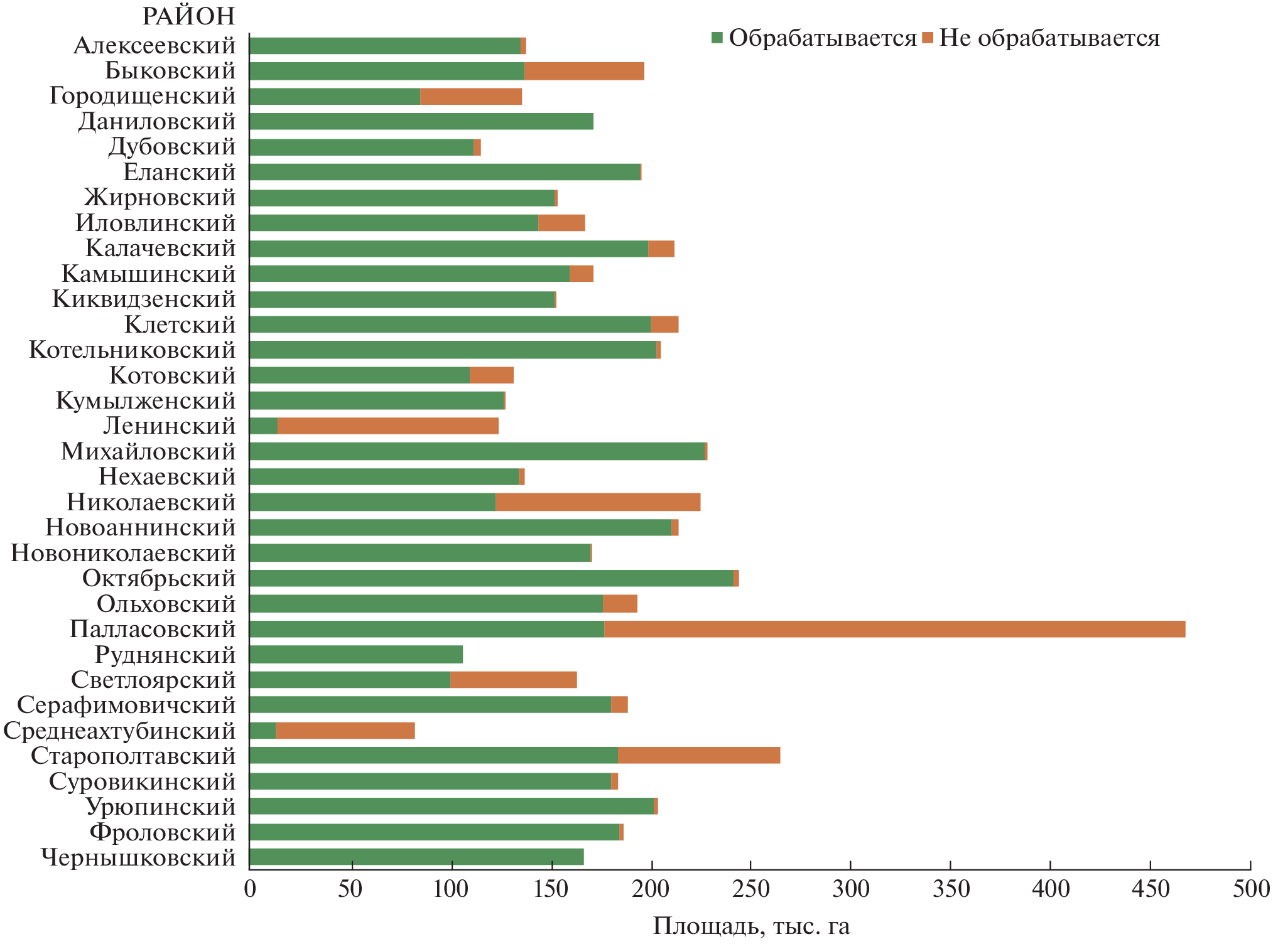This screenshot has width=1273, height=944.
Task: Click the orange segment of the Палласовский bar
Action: point(894,629)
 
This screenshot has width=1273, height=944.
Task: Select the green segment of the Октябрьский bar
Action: point(491,578)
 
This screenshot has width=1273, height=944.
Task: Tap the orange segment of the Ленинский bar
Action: point(387,426)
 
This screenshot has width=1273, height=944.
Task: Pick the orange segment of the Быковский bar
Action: point(584,71)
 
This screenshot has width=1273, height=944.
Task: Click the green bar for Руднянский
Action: point(355,655)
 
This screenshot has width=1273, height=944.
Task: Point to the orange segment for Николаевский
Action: point(597,502)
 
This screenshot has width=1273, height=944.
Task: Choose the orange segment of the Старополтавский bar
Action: point(698,756)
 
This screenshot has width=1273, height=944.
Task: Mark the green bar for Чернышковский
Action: point(416,857)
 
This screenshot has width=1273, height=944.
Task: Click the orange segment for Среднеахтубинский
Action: point(345,731)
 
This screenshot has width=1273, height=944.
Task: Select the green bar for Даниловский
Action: point(421,121)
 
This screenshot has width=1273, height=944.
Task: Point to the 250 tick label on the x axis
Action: point(750,889)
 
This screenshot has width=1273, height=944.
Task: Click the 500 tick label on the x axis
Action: point(1250,889)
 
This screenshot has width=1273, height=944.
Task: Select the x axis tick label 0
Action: point(250,889)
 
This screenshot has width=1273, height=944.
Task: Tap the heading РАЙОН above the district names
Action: point(188,16)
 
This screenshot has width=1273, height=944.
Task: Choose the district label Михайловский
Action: point(148,451)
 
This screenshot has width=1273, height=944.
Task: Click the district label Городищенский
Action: point(143,96)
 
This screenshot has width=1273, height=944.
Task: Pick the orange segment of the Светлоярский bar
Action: point(513,680)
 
